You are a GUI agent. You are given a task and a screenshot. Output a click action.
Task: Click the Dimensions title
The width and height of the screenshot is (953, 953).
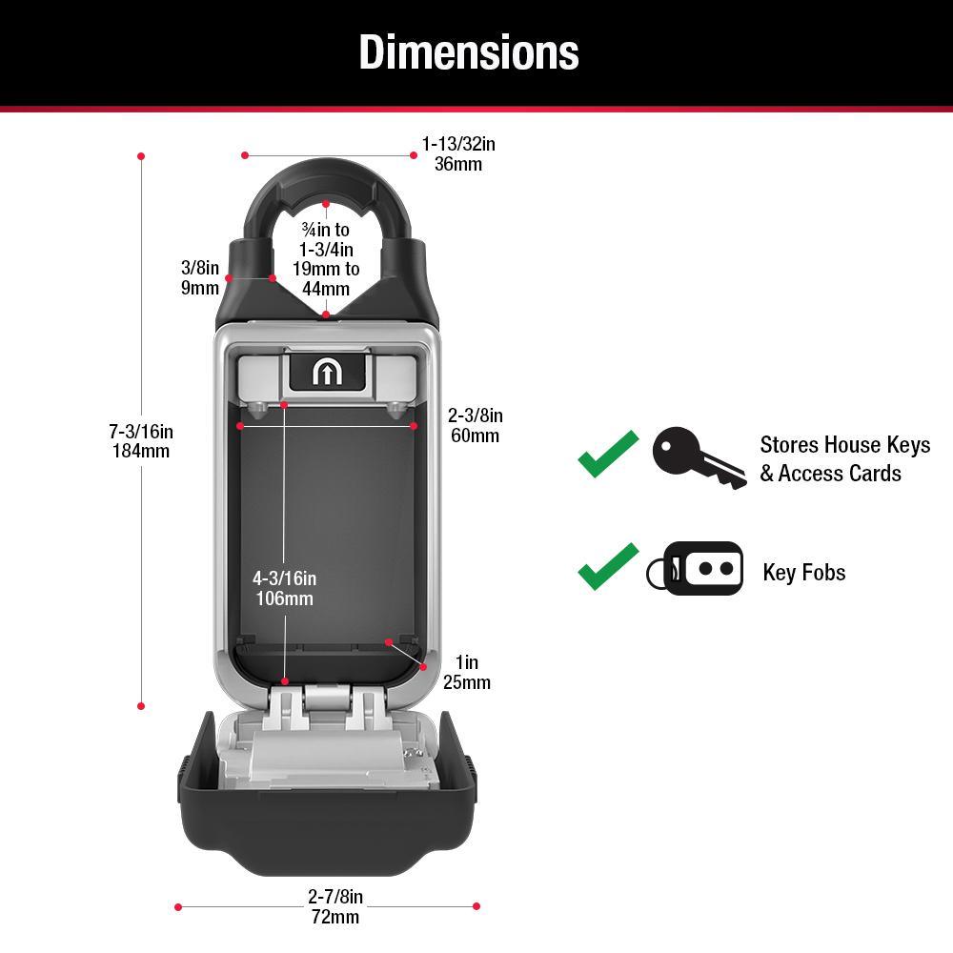pos(468,52)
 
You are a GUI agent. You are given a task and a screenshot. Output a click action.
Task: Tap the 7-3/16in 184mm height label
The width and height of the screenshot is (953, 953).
pos(141,440)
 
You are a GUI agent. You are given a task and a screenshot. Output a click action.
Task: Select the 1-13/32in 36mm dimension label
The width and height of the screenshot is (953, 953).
pos(458,154)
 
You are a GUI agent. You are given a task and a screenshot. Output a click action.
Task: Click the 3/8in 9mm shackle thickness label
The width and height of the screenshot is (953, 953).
pos(200,277)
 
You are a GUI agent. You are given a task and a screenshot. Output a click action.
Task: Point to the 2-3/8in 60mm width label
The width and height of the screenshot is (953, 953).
pos(475,426)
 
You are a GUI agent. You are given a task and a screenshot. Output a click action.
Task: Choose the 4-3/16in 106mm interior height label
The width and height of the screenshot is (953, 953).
pos(284,588)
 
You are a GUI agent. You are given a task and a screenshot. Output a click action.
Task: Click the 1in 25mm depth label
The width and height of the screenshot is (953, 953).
pos(466,673)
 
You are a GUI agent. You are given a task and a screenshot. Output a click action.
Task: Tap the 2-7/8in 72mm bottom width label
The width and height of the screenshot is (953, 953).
pos(335,906)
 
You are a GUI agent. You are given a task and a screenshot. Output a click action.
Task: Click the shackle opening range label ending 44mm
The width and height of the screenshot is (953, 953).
pos(326,258)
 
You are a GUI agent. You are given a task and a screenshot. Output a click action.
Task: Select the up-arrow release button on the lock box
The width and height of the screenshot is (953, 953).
pos(326,373)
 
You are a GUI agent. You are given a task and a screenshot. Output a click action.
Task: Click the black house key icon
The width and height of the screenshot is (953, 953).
pos(697,456)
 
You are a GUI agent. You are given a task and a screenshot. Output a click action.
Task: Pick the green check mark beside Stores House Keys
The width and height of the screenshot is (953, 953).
pos(607,454)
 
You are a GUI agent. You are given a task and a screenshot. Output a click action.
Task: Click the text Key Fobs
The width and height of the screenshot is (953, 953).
pos(804,572)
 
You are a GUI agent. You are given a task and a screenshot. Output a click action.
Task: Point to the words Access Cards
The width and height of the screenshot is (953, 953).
pos(840,474)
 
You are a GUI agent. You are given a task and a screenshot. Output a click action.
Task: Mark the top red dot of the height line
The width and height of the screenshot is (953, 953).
pos(141,155)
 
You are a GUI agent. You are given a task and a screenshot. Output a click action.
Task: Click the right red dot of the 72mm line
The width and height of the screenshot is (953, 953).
pos(476,906)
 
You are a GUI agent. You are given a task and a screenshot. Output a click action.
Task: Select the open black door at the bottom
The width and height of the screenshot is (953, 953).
pos(327,829)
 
